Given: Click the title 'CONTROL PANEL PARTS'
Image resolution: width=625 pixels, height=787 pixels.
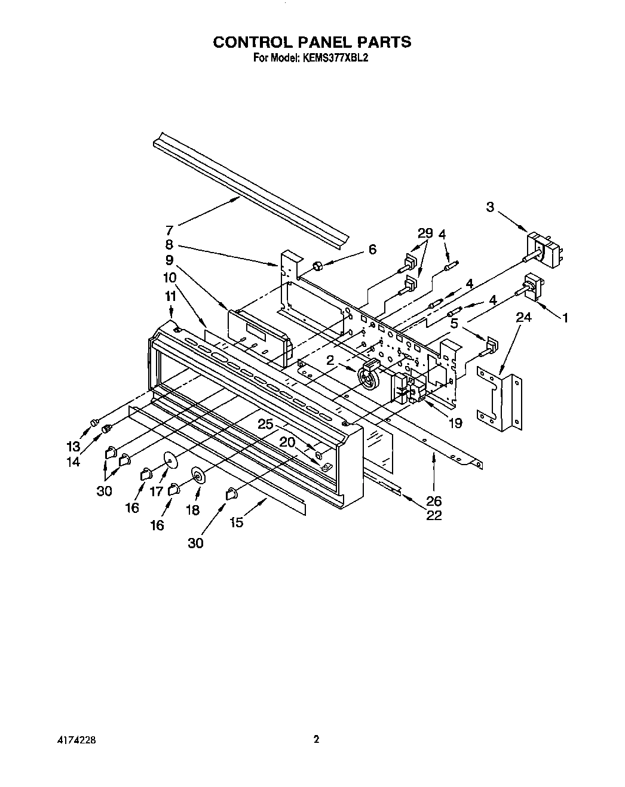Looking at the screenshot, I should (312, 42).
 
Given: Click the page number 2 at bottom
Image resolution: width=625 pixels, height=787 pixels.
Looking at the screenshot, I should (316, 739).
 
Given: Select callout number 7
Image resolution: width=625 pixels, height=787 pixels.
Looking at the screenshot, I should (169, 229).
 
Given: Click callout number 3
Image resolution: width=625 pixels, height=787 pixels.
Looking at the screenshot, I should (490, 207).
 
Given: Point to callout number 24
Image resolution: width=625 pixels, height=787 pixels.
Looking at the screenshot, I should (523, 318).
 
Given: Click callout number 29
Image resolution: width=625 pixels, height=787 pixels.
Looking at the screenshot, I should (425, 234).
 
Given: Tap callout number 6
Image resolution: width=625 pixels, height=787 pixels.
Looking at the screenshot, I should (372, 249).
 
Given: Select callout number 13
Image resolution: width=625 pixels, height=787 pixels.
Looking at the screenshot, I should (73, 446).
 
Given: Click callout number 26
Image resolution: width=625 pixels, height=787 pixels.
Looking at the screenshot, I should (433, 500).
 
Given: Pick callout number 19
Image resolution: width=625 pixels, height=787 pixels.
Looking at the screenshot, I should (455, 423).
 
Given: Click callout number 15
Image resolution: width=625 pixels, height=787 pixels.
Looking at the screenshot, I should (237, 522).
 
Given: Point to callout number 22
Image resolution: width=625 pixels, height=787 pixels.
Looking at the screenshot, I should (434, 515).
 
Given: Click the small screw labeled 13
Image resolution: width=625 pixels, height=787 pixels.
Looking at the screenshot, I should (94, 423).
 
